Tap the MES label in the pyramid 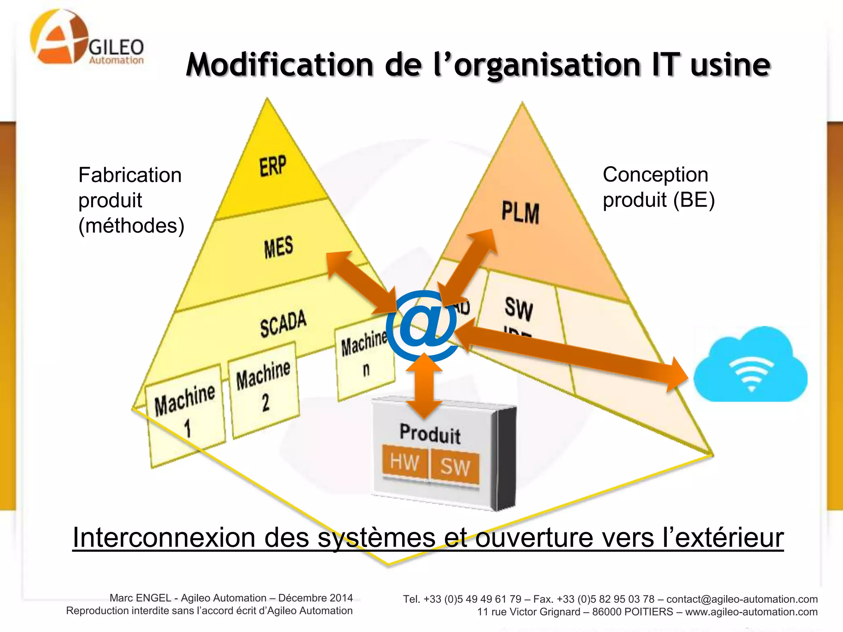point(279,247)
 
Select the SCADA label point(283,323)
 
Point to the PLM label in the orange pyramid point(520,212)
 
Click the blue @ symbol point(421,325)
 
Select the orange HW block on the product point(405,462)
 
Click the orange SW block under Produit point(455,467)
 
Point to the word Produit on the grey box point(430,434)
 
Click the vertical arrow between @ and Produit point(424,385)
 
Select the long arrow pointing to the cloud point(572,354)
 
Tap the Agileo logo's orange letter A point(58,37)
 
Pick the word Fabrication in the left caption point(130,175)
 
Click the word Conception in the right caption point(655,175)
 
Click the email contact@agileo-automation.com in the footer point(742,599)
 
